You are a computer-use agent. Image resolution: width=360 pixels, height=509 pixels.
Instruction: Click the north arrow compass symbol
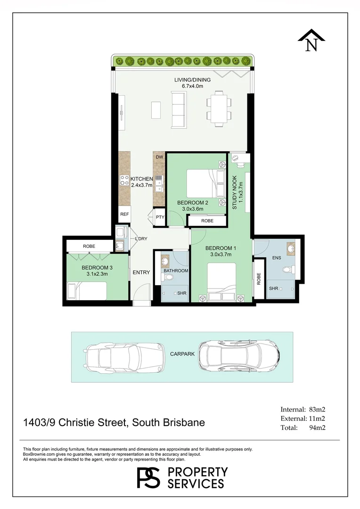click(311, 40)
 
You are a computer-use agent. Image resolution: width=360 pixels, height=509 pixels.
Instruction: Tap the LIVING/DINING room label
click(193, 80)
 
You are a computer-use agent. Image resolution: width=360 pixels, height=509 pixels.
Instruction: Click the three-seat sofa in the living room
click(179, 109)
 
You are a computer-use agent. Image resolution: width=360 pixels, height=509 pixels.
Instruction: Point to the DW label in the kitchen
click(159, 157)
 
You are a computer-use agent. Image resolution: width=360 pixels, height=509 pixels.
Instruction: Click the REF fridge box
click(124, 214)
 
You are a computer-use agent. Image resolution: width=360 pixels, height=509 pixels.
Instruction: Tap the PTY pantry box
click(160, 217)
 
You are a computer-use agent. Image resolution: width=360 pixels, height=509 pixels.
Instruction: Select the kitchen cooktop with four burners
click(124, 181)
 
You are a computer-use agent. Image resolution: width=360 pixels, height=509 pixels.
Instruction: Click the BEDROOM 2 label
click(193, 203)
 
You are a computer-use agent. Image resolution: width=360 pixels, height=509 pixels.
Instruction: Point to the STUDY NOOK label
click(235, 192)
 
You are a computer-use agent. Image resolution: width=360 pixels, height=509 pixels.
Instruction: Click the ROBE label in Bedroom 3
click(89, 246)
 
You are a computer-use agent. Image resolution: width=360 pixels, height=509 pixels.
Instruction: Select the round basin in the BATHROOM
click(165, 261)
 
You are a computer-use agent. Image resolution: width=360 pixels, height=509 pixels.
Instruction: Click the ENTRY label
click(141, 272)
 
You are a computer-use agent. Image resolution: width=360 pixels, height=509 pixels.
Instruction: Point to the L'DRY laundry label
click(141, 238)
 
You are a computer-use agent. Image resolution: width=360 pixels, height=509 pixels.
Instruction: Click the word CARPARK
click(182, 354)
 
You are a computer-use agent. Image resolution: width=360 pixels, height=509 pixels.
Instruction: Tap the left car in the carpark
click(125, 357)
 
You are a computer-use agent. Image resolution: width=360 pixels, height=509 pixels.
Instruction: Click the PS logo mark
click(148, 477)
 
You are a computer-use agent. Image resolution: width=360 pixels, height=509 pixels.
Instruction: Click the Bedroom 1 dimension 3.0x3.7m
click(221, 254)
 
